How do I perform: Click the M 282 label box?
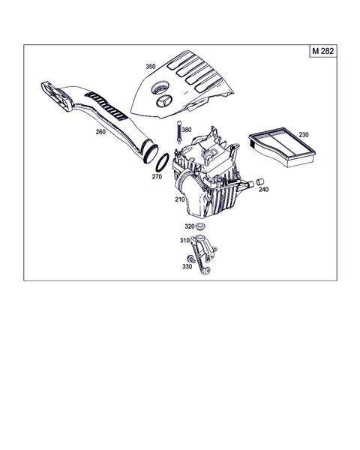pos(323,51)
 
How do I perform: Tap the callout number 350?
pos(151,67)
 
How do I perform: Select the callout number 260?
pos(100,132)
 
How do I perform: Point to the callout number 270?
pos(157,177)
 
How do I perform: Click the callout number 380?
pos(187,130)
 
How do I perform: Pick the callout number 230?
pos(304,134)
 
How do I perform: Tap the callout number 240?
pos(263,190)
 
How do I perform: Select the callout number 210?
pos(180,199)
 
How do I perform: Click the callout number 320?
pos(190,226)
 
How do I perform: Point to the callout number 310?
pos(184,240)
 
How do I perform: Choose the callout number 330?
pos(187,266)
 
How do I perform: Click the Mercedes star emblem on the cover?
pos(164,101)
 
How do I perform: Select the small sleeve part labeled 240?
pos(260,182)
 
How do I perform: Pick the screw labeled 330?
pos(191,259)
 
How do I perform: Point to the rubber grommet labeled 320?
pos(199,226)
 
